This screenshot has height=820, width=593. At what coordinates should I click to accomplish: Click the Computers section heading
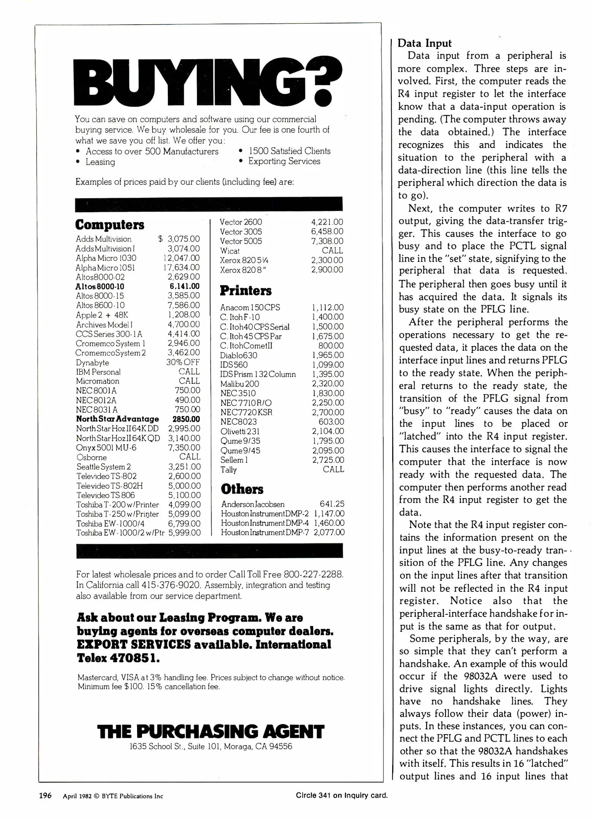109,224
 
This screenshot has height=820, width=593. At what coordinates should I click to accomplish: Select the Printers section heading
246,291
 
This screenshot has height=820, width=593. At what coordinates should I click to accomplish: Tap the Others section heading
242,489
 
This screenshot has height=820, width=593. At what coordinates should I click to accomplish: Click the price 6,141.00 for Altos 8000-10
185,287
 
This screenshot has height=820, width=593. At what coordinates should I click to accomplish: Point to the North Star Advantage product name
117,419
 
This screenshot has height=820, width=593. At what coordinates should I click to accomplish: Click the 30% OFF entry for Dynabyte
183,362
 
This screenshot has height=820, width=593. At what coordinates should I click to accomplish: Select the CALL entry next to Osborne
189,457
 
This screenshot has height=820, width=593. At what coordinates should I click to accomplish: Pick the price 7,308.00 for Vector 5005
327,241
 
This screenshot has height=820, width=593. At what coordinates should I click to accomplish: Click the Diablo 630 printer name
238,356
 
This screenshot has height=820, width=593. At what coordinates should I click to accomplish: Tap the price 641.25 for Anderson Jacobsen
331,504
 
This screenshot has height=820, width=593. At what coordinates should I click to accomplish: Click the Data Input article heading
424,43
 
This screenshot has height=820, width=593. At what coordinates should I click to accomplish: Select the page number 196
46,795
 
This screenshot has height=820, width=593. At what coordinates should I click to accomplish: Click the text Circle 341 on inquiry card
341,795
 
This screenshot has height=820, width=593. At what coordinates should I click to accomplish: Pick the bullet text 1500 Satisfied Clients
289,151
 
